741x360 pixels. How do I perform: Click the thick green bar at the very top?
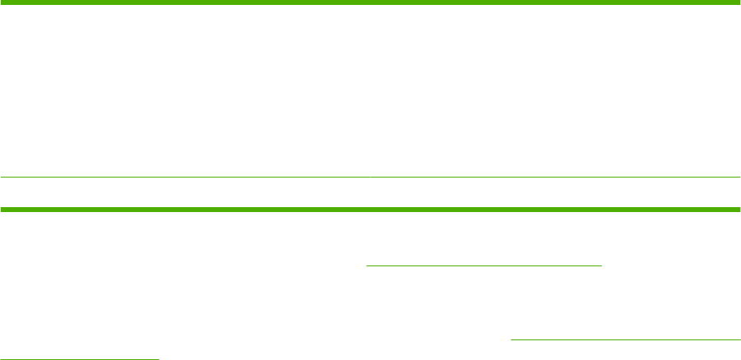370,3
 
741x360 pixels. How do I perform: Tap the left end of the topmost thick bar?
2,3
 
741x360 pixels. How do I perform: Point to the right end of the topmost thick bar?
739,3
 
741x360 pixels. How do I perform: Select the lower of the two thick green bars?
370,210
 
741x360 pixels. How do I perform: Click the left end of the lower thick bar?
2,210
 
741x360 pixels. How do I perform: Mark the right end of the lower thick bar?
739,210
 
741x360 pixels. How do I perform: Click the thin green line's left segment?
185,177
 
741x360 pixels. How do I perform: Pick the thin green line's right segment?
556,177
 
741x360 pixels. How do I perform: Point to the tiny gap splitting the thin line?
371,177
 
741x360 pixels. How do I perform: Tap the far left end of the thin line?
2,177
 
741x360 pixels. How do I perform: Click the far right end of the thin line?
739,177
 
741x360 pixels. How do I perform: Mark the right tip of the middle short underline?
603,265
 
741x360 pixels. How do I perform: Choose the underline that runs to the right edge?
625,339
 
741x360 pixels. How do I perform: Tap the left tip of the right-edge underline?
512,339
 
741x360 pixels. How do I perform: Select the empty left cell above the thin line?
185,90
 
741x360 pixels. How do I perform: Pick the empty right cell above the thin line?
556,90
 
